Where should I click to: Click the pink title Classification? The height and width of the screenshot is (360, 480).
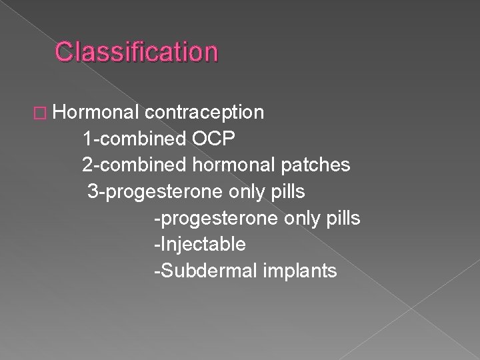click(136, 51)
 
